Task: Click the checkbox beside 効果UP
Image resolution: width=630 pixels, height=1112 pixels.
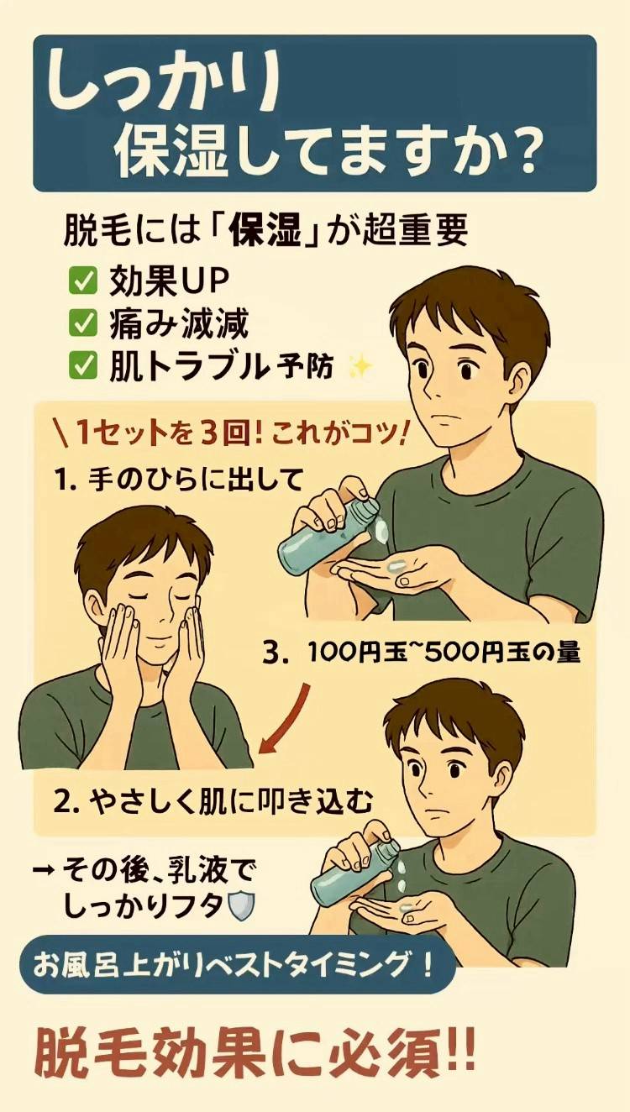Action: pos(82,281)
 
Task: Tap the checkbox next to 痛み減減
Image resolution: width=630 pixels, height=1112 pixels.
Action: pos(82,324)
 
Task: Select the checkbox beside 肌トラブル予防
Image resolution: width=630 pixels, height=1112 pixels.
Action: pos(82,367)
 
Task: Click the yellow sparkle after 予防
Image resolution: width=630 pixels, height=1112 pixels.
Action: pos(361,367)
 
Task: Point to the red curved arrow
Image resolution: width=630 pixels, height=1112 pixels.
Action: pos(282,717)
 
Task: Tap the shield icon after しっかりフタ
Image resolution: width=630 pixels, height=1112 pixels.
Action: pos(241,906)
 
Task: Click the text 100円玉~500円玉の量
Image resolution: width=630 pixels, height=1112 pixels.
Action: pos(444,653)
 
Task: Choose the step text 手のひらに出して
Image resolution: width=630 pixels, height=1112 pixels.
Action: pos(196,480)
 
